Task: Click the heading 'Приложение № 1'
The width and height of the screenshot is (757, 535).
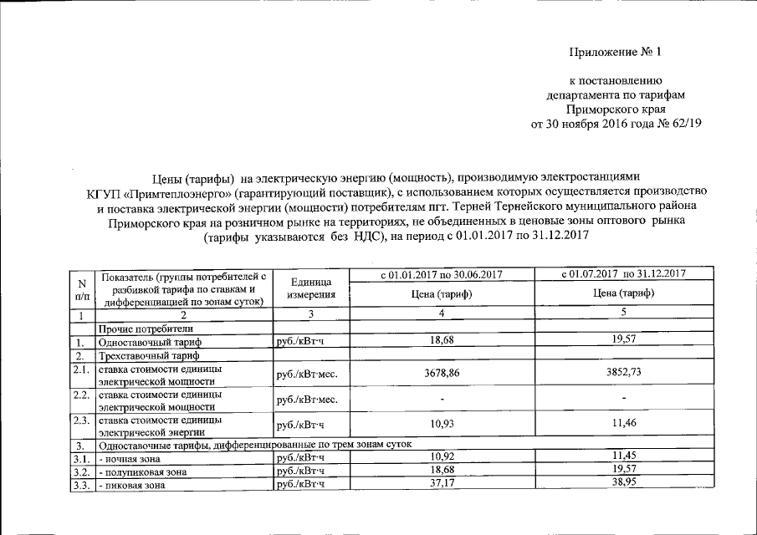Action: [x=615, y=52]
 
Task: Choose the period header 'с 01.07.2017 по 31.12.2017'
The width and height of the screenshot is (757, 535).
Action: [x=624, y=274]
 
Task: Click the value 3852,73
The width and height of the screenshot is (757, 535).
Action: [x=624, y=374]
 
